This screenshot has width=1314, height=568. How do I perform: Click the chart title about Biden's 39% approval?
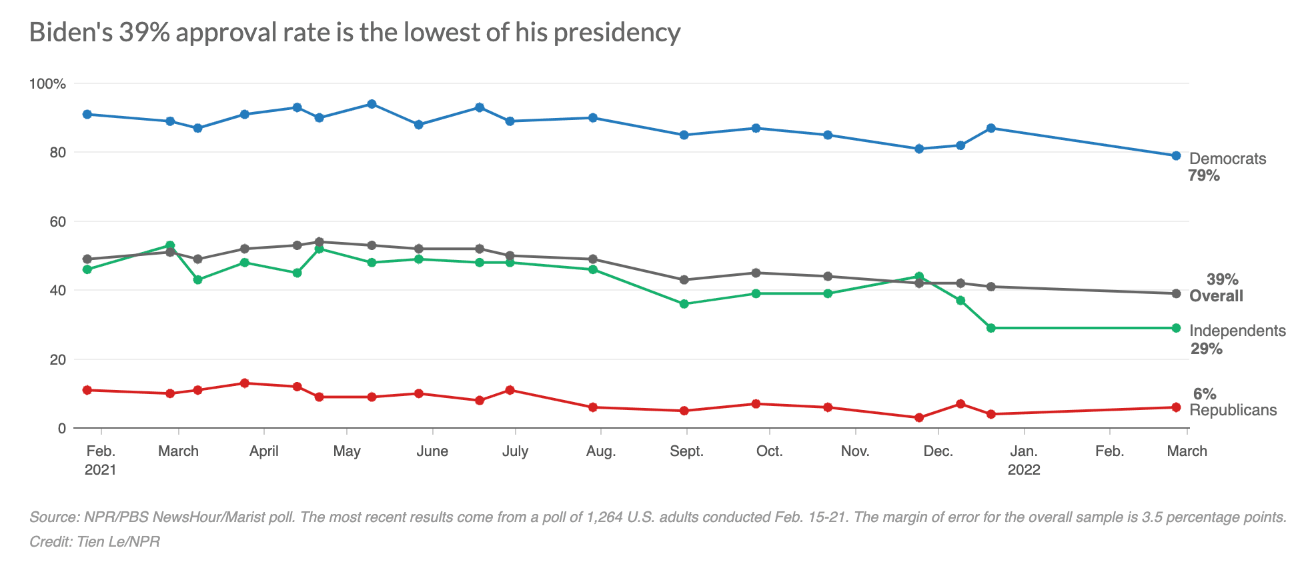354,33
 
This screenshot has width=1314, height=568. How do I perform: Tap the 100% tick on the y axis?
47,84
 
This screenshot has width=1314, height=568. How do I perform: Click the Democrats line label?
1227,159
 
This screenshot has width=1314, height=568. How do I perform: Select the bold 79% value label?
1204,176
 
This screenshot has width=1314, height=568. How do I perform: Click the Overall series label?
1216,296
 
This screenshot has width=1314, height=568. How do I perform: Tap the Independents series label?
1237,331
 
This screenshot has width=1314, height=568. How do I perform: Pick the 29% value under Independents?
1207,349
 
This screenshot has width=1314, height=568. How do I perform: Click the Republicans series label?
1233,410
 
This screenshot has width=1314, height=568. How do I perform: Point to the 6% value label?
1205,394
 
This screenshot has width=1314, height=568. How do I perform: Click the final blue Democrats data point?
1176,155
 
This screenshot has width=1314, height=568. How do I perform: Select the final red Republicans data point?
1176,407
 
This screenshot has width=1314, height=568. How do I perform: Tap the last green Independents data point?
1176,328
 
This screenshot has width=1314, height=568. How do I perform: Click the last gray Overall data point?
1176,293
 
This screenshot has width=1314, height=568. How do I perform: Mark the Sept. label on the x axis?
686,451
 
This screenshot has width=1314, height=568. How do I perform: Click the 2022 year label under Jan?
1024,470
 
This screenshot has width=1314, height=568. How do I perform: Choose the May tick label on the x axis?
347,451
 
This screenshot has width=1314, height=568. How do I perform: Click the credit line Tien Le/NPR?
95,541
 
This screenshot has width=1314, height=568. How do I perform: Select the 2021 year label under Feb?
101,470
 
